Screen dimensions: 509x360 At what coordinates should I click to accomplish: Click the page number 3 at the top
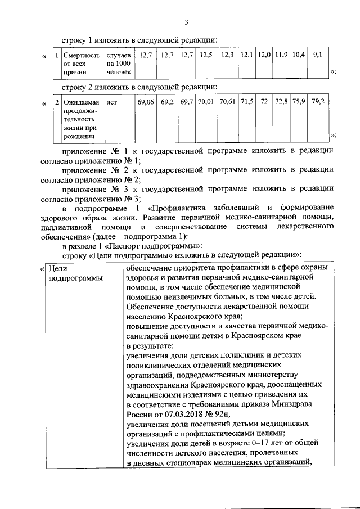tap(185, 22)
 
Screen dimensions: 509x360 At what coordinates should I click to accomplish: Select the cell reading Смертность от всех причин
tap(82, 64)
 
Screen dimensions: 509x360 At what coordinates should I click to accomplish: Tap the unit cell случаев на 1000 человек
tap(118, 64)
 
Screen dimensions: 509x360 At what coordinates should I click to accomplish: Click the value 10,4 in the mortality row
tap(298, 55)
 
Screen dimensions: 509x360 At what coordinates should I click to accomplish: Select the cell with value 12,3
tap(227, 55)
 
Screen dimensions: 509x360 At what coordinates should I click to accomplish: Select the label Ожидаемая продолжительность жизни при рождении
tap(82, 119)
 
